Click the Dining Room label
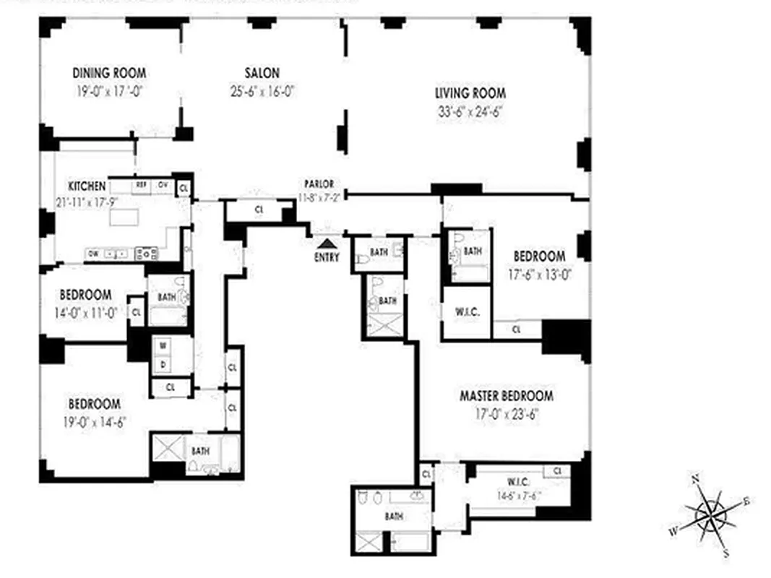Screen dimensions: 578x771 [109, 73]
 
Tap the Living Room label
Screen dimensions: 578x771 [470, 93]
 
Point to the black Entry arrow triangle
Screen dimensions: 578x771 [327, 243]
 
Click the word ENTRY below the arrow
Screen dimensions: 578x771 [327, 256]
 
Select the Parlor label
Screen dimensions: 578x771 [319, 185]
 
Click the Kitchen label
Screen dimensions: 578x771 [87, 186]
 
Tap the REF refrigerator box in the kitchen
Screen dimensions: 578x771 [142, 186]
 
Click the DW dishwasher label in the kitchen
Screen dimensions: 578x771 [93, 254]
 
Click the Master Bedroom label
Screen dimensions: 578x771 [507, 396]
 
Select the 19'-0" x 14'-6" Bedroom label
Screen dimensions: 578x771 [94, 405]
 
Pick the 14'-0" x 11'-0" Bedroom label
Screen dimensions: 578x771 [85, 295]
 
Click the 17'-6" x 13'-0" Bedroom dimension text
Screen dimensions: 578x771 [538, 274]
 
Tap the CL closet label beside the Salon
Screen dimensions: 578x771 [258, 210]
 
